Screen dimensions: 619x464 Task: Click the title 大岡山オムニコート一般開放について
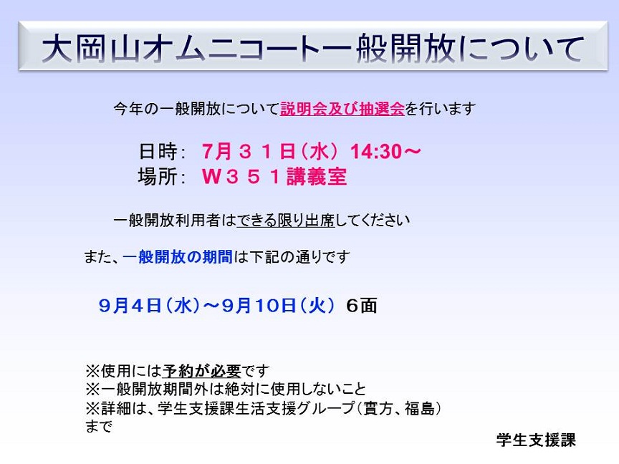click(x=312, y=49)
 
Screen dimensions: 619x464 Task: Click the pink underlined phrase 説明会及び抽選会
click(x=342, y=109)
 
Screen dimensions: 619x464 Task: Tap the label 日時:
click(x=162, y=152)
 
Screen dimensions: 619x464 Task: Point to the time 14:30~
click(x=385, y=152)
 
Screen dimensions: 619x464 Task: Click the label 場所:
click(x=162, y=176)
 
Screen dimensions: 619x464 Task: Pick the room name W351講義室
click(x=274, y=176)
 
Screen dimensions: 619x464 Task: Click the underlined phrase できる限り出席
click(x=285, y=220)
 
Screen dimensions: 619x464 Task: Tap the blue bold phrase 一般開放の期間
click(x=178, y=257)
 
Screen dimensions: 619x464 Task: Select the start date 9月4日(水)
click(x=149, y=305)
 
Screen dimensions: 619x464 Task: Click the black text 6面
click(x=361, y=305)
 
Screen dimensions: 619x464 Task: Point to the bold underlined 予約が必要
click(x=201, y=370)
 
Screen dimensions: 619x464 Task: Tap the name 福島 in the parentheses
click(x=419, y=408)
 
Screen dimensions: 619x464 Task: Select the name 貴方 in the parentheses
click(x=378, y=408)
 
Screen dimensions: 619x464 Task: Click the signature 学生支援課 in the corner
click(x=536, y=440)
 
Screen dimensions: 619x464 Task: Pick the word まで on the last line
click(x=99, y=426)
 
